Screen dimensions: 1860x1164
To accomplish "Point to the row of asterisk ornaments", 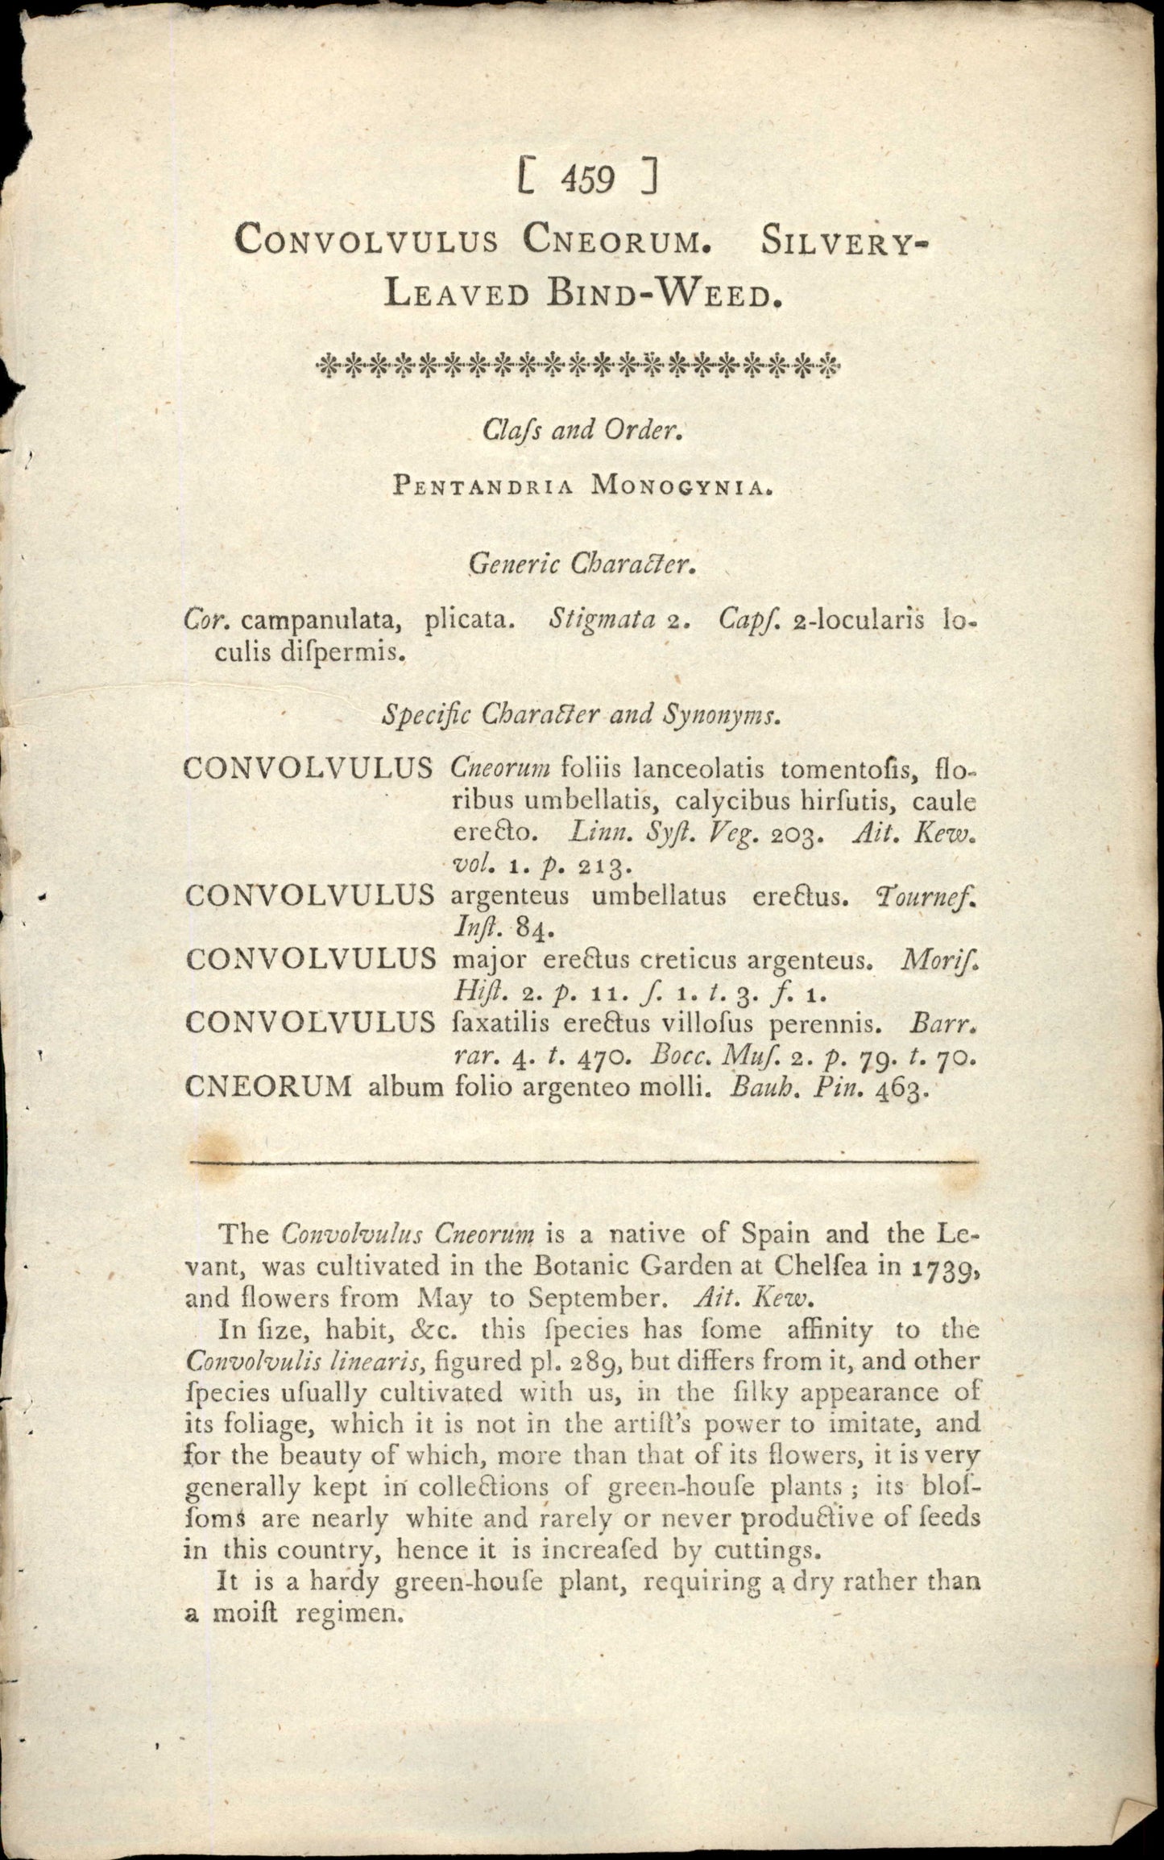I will pyautogui.click(x=578, y=367).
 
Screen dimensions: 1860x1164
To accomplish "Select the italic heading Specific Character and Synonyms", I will pyautogui.click(x=580, y=714).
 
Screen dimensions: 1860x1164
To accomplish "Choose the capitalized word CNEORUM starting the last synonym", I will pyautogui.click(x=268, y=1087).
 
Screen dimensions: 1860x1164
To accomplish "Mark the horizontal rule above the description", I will pyautogui.click(x=582, y=1162).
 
